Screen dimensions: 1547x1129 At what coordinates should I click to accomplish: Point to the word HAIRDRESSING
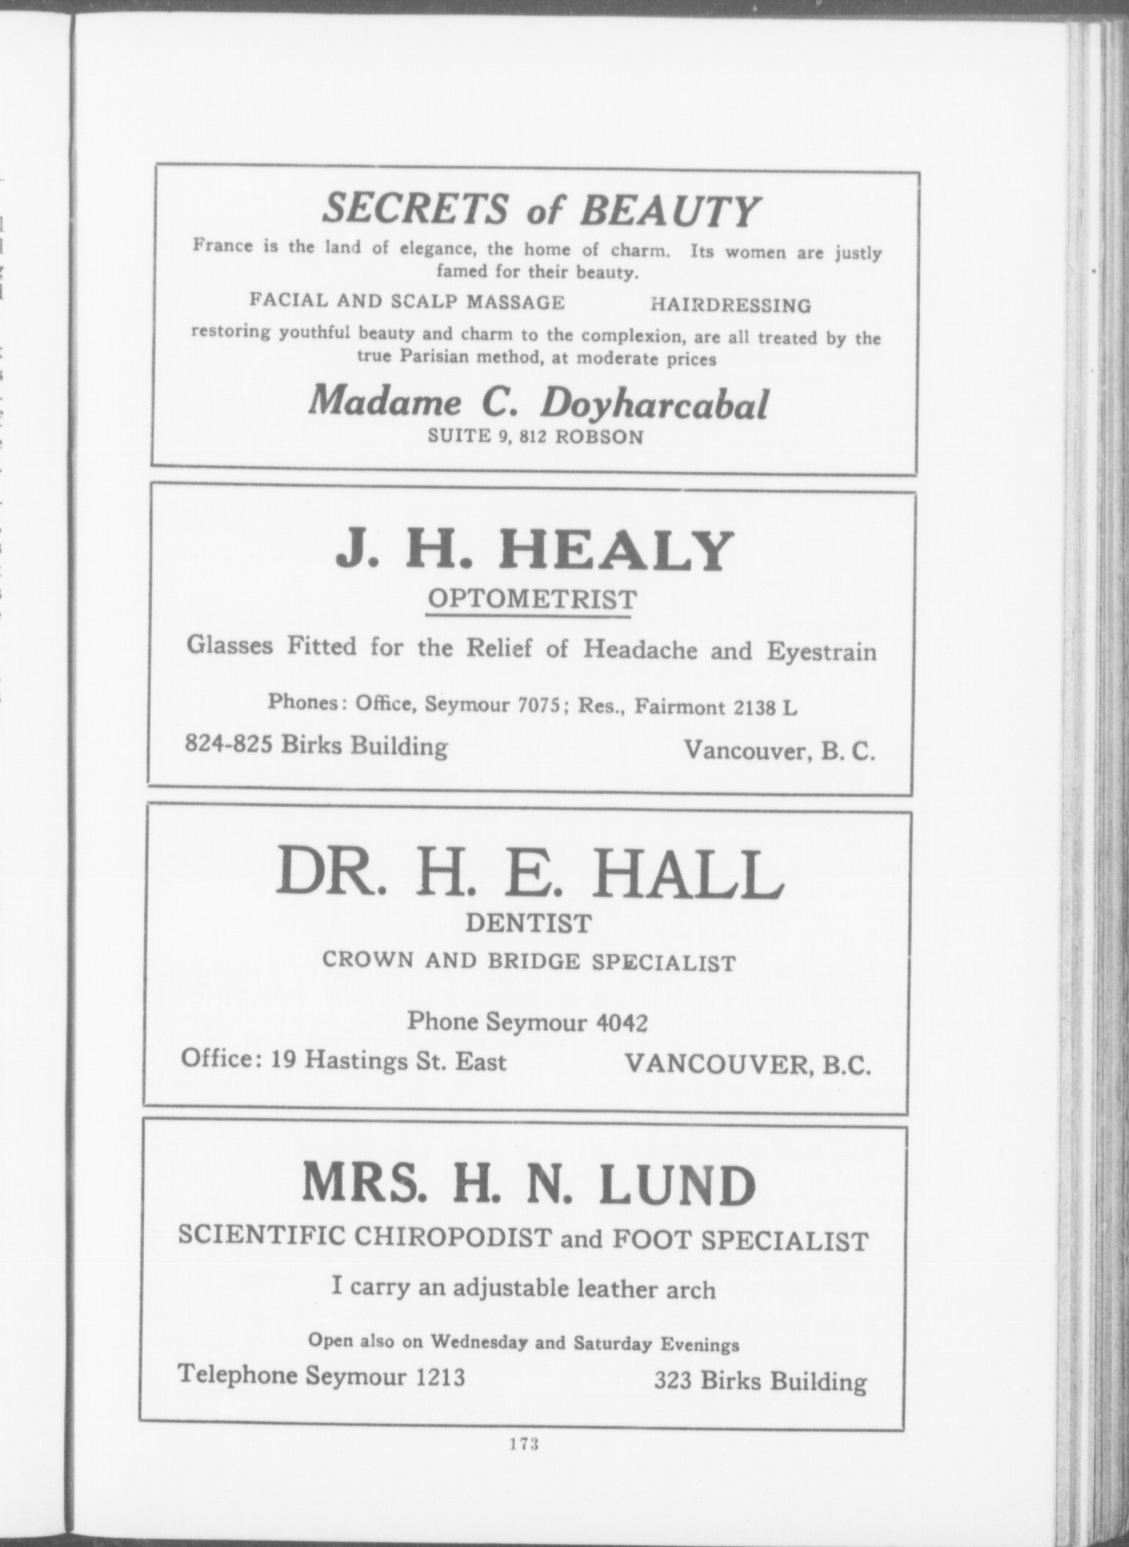click(730, 305)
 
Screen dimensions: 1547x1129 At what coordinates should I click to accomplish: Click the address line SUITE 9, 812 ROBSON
click(535, 437)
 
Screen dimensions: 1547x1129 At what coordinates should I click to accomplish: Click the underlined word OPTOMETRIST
click(531, 600)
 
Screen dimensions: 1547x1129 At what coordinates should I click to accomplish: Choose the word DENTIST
click(528, 923)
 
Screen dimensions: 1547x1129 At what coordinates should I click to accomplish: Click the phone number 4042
click(621, 1023)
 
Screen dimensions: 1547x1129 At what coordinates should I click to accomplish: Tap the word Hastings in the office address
click(346, 1062)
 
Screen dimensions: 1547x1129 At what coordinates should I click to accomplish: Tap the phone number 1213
click(438, 1375)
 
